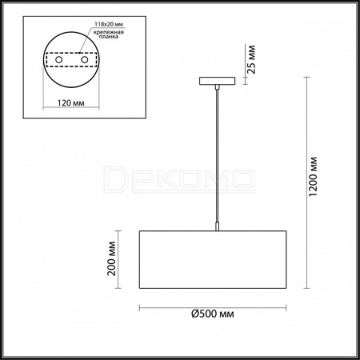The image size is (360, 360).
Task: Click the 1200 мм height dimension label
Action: [x=313, y=177]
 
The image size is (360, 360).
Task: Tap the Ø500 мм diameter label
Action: [x=213, y=314]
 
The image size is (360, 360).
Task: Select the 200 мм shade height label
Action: [x=111, y=258]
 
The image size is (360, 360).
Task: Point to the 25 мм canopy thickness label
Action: [x=251, y=59]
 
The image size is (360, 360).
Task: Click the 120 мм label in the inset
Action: [x=71, y=102]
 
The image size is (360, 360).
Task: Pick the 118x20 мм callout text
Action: [x=109, y=24]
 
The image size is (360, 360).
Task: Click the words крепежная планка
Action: [x=109, y=34]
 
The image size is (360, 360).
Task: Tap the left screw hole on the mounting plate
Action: [x=59, y=59]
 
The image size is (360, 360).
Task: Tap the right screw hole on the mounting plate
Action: [x=85, y=59]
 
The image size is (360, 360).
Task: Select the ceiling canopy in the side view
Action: [x=218, y=81]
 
